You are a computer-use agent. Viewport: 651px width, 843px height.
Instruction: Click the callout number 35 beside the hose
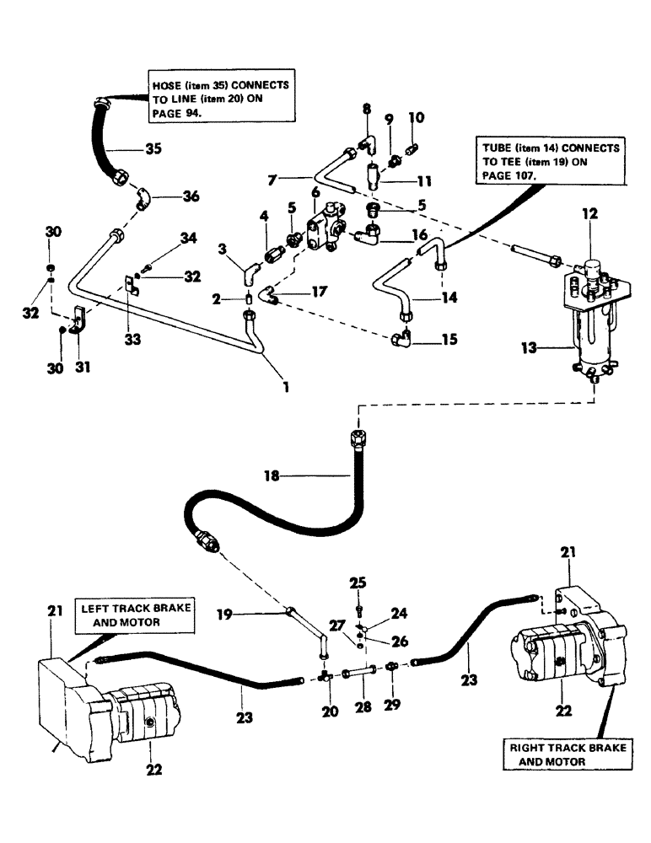pyautogui.click(x=153, y=150)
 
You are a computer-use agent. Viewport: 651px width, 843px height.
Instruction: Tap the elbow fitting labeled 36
pyautogui.click(x=144, y=201)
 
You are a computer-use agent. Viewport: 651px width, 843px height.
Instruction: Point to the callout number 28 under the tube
pyautogui.click(x=363, y=710)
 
